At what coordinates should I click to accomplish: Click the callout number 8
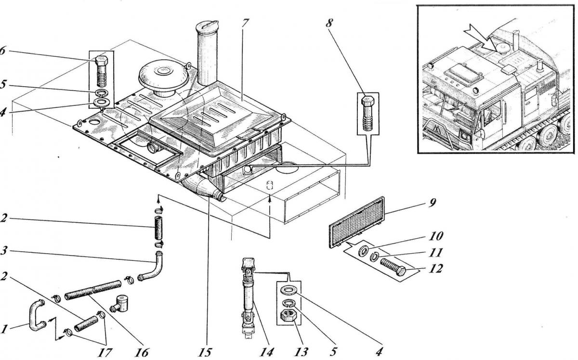coord(328,23)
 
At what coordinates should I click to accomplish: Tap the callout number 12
coord(435,269)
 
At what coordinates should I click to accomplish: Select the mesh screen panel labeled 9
coord(357,222)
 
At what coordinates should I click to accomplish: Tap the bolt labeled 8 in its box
coord(368,113)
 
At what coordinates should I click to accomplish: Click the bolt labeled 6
coord(102,71)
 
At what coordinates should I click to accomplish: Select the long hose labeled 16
coord(93,290)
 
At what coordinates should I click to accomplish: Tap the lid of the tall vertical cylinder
coord(207,26)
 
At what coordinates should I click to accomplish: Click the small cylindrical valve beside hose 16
coord(120,304)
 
